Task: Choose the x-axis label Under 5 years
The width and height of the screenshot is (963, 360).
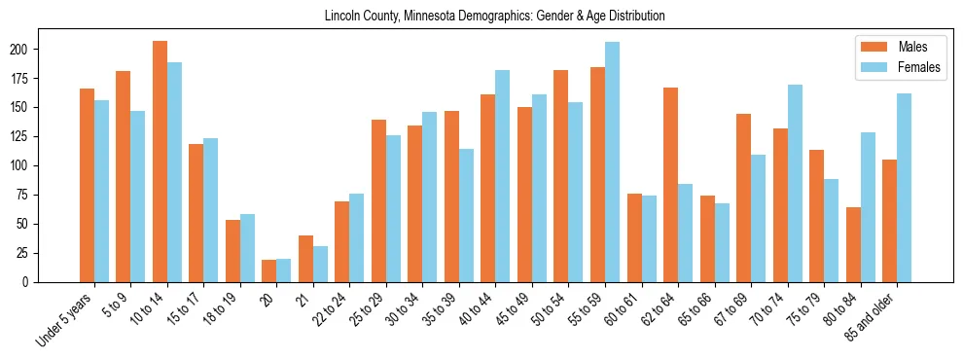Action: tap(65, 317)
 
